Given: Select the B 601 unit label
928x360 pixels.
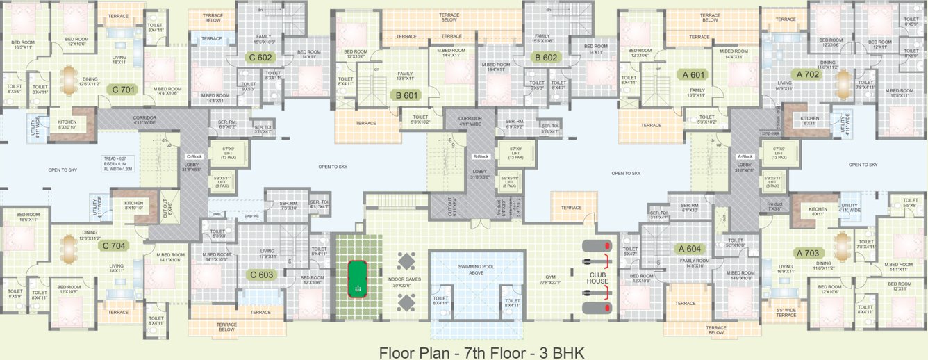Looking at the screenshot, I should point(406,95).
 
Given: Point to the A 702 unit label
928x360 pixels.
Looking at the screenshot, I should point(808,74).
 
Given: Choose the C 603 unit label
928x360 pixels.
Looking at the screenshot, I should point(261,275).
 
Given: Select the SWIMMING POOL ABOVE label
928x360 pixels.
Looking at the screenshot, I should point(475,270).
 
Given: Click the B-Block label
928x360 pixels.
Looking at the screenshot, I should point(481,157).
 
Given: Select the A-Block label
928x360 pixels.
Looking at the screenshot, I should point(745,157).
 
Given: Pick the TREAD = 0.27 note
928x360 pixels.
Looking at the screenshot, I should point(115,158).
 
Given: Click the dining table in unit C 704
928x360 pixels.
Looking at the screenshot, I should point(69,247).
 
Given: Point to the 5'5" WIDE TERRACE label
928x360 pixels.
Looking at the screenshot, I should point(786,312).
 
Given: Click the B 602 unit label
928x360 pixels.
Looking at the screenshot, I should point(546,58).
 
